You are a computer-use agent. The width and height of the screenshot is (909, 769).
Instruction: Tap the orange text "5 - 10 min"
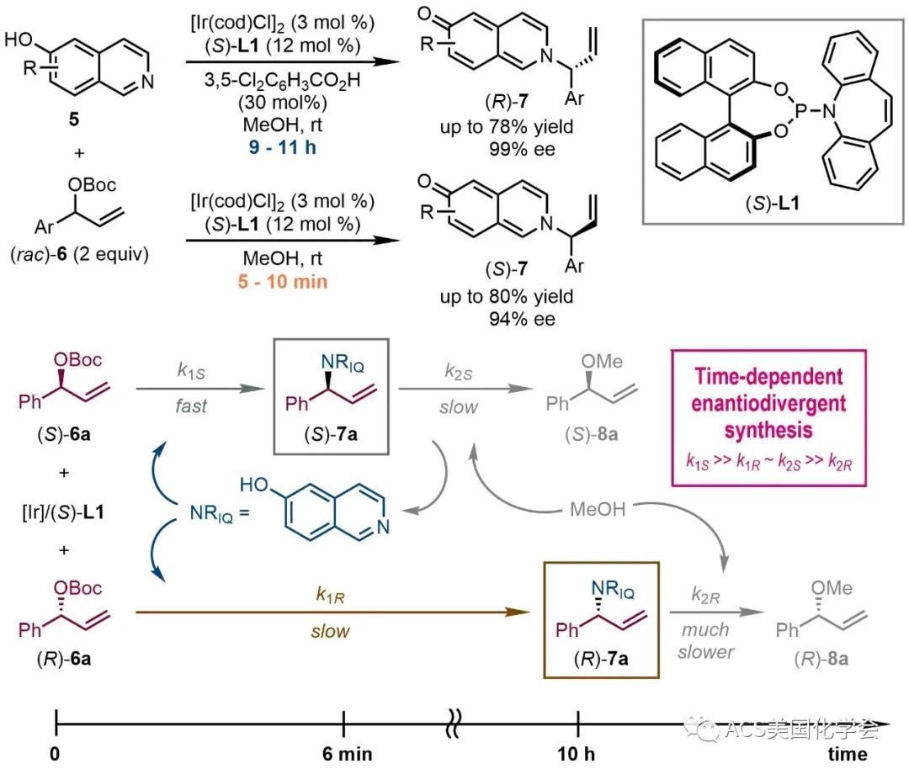coord(281,281)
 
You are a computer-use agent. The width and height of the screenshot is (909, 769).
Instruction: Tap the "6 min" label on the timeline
coord(344,752)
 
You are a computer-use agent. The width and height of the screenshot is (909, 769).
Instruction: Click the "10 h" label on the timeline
coord(577,752)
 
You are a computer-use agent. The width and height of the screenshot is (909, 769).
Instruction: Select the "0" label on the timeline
coord(55,752)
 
